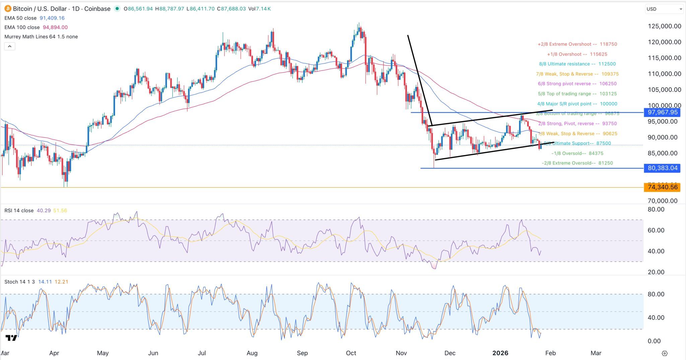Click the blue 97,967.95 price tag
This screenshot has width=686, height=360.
pos(662,113)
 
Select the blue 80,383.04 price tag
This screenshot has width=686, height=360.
pos(662,168)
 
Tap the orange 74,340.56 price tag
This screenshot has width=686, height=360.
pos(662,187)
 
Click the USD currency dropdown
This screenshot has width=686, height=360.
pos(664,9)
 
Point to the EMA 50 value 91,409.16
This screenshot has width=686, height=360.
pos(54,18)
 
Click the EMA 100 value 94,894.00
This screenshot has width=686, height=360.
pos(55,27)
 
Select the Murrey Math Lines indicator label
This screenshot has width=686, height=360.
pos(41,37)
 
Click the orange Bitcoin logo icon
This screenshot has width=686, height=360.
pos(7,9)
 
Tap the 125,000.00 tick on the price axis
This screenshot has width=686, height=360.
pos(664,26)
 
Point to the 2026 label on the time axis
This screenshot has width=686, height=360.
pos(500,353)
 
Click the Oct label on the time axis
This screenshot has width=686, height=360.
pos(351,353)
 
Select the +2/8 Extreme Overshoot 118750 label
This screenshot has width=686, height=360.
pos(577,44)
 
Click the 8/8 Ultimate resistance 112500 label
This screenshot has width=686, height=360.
pos(577,64)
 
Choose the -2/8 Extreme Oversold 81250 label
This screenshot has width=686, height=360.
pos(577,163)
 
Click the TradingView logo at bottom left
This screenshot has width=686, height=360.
pos(11,338)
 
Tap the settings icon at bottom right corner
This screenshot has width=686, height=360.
pos(665,353)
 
